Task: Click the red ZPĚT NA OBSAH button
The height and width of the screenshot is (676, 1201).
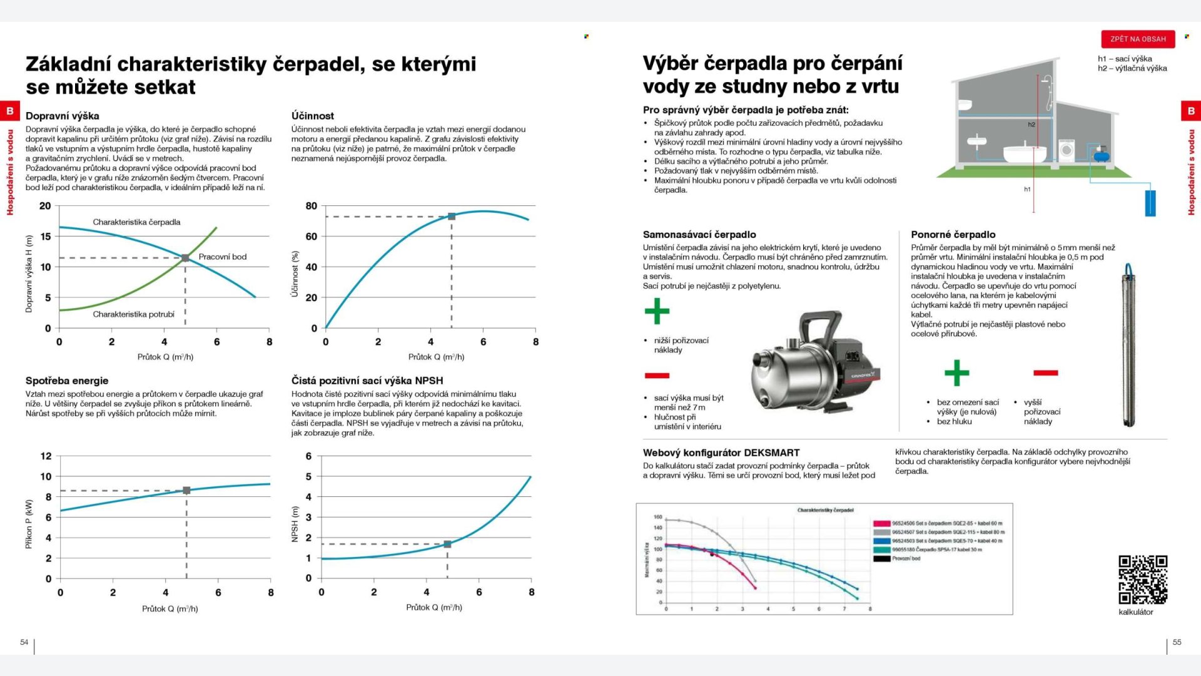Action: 1138,39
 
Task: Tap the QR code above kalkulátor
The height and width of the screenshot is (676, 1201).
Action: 1143,580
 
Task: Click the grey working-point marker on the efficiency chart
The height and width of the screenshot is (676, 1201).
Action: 452,217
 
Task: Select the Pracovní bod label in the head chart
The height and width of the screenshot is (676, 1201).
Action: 222,257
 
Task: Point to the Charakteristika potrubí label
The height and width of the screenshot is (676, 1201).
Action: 133,314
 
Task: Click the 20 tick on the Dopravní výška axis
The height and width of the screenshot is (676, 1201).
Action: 45,206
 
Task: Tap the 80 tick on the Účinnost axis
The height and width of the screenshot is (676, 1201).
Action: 311,206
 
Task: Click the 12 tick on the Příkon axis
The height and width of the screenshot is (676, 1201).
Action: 46,456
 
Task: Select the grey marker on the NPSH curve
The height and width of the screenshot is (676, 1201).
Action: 447,545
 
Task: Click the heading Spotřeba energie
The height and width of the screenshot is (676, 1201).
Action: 67,381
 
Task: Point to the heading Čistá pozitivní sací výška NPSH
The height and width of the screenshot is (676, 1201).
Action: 367,381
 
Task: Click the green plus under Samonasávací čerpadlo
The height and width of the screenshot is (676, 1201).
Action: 657,311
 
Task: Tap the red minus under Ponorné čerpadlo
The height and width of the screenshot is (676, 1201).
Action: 1045,373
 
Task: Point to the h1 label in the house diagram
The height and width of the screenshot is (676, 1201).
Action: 1027,189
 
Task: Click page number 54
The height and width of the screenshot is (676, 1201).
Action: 24,642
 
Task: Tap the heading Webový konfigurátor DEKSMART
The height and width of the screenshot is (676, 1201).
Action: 721,453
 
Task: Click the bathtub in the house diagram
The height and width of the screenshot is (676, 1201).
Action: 1025,152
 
